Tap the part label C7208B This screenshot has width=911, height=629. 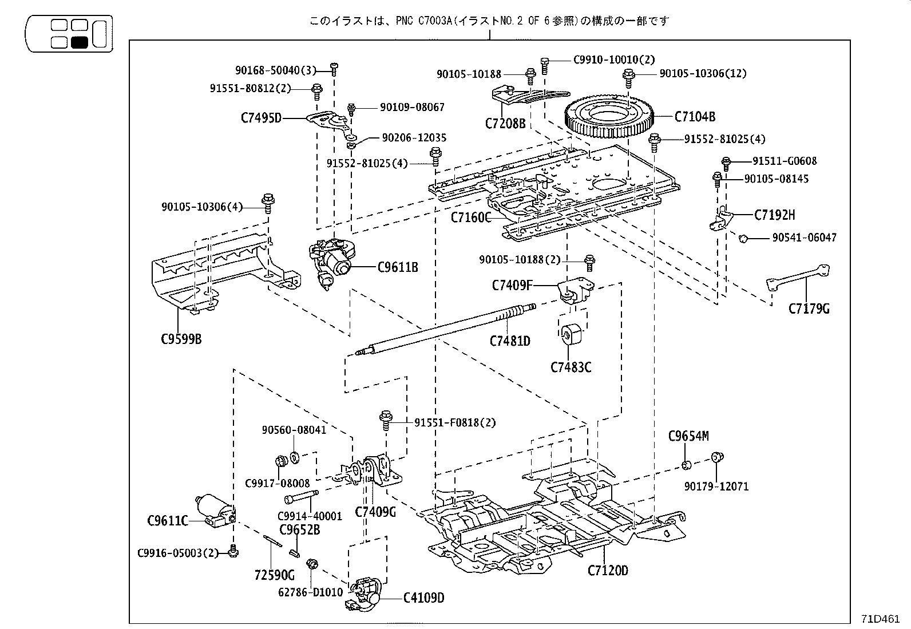[505, 122]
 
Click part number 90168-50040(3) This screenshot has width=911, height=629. [275, 70]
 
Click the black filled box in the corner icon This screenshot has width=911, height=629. [79, 42]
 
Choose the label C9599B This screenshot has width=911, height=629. [181, 339]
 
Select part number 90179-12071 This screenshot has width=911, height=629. [716, 486]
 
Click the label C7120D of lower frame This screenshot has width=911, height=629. [607, 571]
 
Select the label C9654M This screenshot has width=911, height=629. [688, 436]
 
